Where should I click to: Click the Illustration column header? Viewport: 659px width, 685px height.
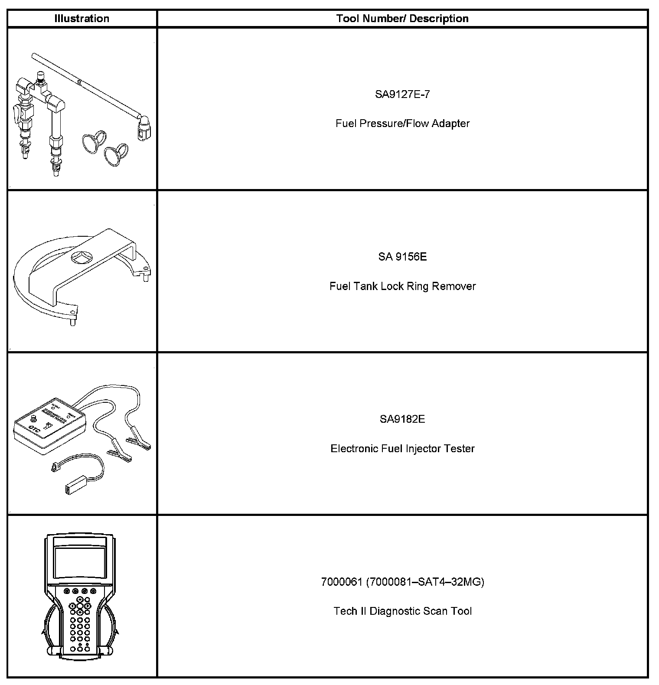pyautogui.click(x=82, y=19)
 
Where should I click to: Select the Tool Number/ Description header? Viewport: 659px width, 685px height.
pyautogui.click(x=402, y=19)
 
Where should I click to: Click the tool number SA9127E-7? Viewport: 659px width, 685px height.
pyautogui.click(x=402, y=94)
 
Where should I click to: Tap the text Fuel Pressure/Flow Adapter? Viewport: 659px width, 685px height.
pyautogui.click(x=402, y=124)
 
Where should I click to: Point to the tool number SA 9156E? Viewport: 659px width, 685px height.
pyautogui.click(x=402, y=257)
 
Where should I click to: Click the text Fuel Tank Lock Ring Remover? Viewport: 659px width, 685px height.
pyautogui.click(x=402, y=286)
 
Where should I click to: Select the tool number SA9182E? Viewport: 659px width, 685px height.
pyautogui.click(x=402, y=419)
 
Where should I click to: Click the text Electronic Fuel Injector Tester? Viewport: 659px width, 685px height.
pyautogui.click(x=402, y=448)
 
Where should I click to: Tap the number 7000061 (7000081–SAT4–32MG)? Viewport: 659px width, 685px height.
pyautogui.click(x=402, y=582)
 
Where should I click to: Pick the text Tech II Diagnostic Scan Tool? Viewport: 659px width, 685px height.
pyautogui.click(x=402, y=611)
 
